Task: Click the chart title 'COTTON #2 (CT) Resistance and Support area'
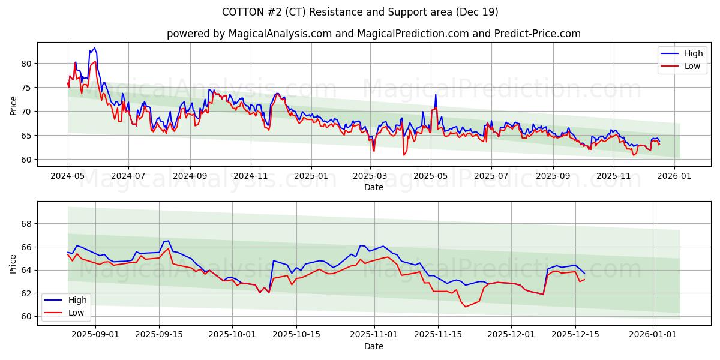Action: tap(360, 12)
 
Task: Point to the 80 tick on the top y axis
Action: tap(26, 64)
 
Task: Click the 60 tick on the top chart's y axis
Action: tap(26, 160)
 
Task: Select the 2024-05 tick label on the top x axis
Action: tap(68, 177)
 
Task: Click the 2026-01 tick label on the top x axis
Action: tap(674, 177)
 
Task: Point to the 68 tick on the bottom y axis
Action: tap(26, 224)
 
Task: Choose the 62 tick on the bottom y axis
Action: tap(26, 293)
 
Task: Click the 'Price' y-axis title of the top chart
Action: tap(13, 104)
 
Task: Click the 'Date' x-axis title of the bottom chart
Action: tap(373, 346)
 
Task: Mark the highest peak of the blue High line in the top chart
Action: tap(94, 48)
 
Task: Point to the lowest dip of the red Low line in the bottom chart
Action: tap(466, 307)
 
